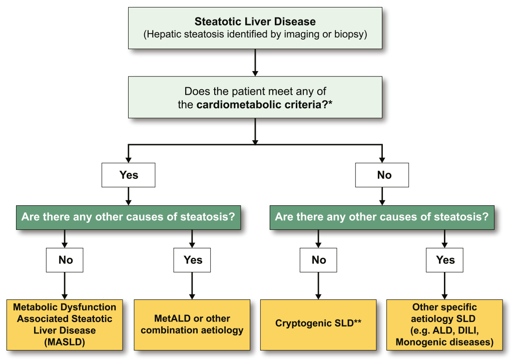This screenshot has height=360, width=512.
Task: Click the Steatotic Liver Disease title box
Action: coord(255,28)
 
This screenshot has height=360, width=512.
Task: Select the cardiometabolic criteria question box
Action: coord(255,97)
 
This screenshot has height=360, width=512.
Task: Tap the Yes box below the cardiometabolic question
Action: coord(129,175)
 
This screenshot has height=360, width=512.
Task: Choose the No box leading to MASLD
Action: coord(65,260)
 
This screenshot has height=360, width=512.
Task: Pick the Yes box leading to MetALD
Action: coord(192,260)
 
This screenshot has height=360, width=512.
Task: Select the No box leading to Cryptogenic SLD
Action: coord(318,260)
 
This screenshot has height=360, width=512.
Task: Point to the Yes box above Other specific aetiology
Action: coord(444,260)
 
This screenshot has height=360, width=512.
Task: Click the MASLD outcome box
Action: coord(65,324)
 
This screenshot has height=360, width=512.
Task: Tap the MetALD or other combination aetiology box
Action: coord(192,324)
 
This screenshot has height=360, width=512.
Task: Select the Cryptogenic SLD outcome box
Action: coord(318,324)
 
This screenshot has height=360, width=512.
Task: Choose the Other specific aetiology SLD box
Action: coord(444,324)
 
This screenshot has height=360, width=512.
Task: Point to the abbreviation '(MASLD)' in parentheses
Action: coord(65,342)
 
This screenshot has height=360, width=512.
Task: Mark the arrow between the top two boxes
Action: coord(255,63)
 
